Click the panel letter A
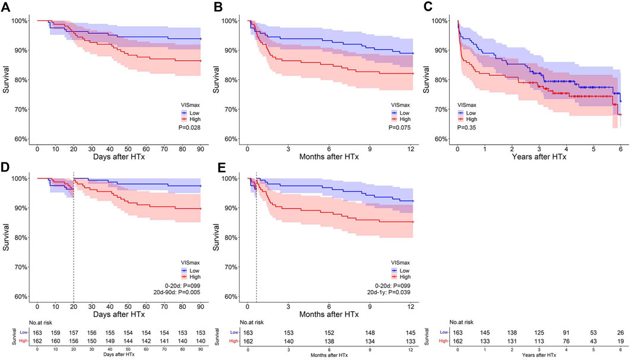tap(5, 7)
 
